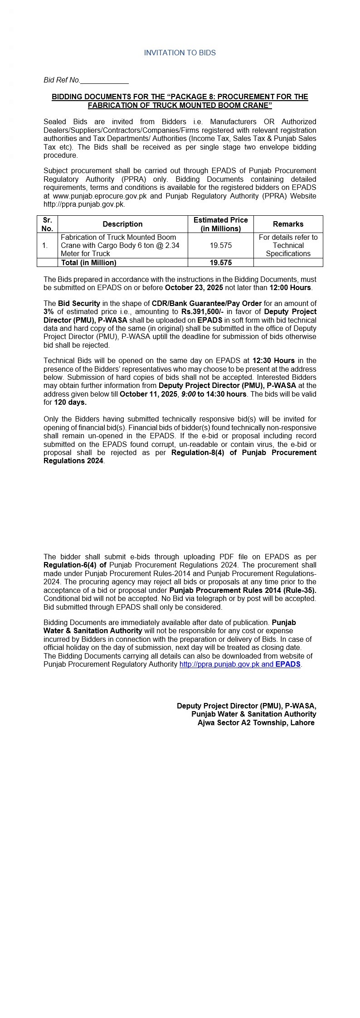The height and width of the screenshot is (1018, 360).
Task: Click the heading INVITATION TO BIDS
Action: (x=180, y=53)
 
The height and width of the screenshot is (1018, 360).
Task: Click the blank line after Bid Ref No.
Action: (x=104, y=80)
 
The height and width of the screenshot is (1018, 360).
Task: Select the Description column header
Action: (x=122, y=224)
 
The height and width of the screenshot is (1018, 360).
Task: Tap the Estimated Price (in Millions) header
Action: (x=220, y=224)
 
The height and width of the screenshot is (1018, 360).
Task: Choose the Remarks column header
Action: (x=288, y=224)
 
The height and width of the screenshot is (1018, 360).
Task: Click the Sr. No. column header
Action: (x=47, y=224)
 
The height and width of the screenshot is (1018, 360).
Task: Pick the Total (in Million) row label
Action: (x=88, y=262)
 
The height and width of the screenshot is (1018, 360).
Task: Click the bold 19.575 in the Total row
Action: (x=220, y=262)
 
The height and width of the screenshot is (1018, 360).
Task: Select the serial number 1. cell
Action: (x=45, y=245)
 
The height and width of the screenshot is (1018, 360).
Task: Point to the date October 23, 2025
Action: (x=194, y=287)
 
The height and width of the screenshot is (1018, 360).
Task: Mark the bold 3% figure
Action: (x=49, y=311)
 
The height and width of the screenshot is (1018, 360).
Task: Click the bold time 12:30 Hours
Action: (x=273, y=360)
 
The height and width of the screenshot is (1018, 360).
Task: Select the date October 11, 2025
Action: (x=148, y=394)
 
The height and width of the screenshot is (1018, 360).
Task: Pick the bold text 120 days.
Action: (x=70, y=402)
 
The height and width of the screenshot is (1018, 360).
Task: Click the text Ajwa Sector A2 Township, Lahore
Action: (x=256, y=722)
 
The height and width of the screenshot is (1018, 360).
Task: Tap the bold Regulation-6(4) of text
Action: (x=75, y=565)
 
